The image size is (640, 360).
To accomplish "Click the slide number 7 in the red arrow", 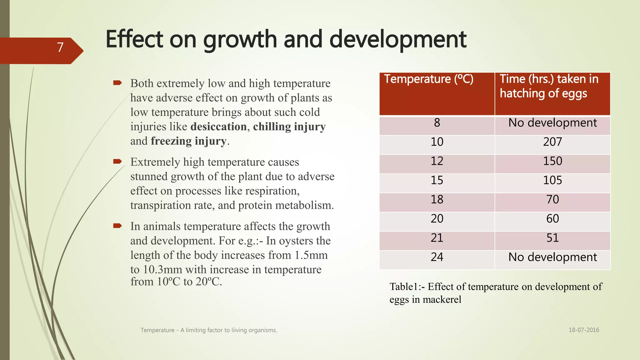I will [x=60, y=47].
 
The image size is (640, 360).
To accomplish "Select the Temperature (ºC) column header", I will [x=428, y=79].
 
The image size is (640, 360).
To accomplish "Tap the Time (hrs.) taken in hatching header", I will [x=549, y=86].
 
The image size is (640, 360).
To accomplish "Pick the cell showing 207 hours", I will [x=552, y=142].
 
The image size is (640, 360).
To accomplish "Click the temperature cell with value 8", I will [x=437, y=123].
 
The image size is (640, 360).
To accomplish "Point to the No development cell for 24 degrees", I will [x=552, y=257].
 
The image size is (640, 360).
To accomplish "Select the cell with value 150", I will [x=552, y=161].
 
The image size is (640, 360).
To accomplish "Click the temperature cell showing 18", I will [x=437, y=199].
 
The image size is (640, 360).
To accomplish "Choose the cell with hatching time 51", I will [x=552, y=238].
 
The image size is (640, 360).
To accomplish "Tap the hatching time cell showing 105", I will [x=552, y=180].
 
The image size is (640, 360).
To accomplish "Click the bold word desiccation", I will [x=218, y=127].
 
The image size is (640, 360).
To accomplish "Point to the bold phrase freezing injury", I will [x=188, y=141].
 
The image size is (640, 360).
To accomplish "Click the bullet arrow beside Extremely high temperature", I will [x=117, y=162].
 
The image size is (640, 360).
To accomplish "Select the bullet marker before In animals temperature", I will [x=117, y=226].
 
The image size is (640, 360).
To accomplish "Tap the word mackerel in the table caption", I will [x=442, y=300].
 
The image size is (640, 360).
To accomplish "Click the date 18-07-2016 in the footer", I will [x=583, y=330].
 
